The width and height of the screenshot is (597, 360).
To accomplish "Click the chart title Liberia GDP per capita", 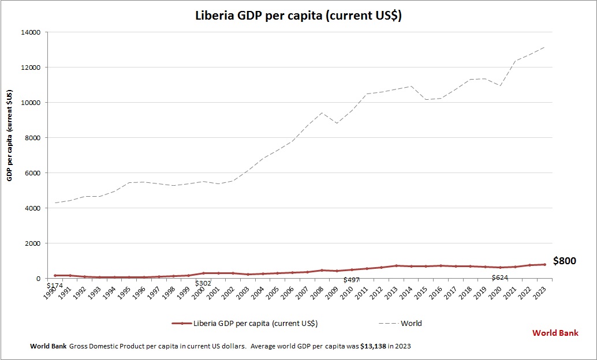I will (298, 16).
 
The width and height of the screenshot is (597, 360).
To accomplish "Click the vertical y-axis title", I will (10, 136).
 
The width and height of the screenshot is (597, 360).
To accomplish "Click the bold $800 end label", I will (564, 261).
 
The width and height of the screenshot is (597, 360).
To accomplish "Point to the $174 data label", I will (54, 285).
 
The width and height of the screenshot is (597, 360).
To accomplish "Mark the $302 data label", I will (203, 283).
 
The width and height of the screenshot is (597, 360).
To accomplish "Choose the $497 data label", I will (352, 280).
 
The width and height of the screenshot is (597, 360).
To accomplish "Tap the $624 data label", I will (500, 278).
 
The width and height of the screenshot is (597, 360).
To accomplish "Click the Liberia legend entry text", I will (255, 323).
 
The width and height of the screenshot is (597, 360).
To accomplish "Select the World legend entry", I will (411, 323).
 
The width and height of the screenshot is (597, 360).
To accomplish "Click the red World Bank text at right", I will (555, 333).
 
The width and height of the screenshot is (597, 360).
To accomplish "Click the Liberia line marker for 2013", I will (396, 265).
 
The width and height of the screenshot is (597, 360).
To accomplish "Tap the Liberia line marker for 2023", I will (544, 264).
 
